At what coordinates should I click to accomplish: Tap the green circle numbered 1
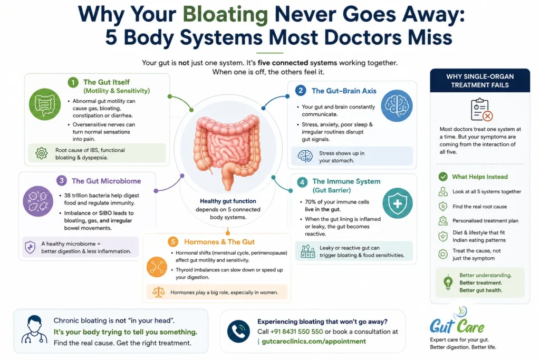(73, 82)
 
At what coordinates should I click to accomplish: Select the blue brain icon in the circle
(397, 105)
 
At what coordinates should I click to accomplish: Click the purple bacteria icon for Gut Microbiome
(38, 201)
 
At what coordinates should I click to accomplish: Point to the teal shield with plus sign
(398, 203)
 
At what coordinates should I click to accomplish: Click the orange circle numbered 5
(173, 242)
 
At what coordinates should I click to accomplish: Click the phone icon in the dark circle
(238, 331)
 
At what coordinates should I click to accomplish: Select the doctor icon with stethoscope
(34, 330)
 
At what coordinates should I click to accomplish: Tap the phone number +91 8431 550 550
(296, 332)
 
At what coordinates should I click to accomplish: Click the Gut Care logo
(457, 323)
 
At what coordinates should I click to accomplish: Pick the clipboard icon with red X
(481, 110)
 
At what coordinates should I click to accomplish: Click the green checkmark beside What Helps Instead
(443, 177)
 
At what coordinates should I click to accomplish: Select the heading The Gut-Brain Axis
(344, 91)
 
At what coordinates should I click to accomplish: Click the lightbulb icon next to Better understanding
(448, 283)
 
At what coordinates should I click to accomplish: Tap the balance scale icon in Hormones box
(158, 292)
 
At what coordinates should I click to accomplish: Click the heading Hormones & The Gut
(219, 242)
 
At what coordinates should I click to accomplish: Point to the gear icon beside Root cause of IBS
(42, 153)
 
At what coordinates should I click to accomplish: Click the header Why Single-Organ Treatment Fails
(480, 81)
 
